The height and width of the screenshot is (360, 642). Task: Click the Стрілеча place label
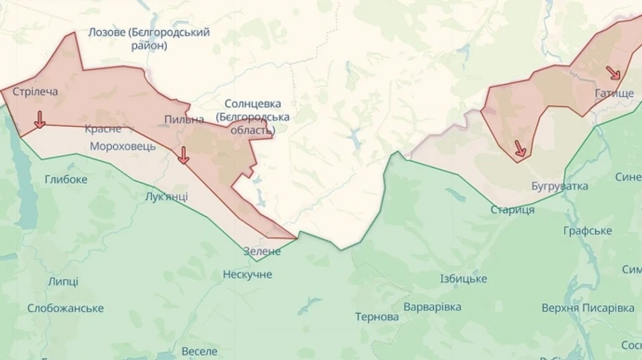(36, 91)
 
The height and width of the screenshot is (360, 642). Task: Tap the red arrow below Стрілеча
(39, 120)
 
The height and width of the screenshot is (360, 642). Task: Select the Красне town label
(103, 129)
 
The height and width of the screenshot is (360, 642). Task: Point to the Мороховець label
(123, 146)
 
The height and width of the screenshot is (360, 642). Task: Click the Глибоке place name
(66, 179)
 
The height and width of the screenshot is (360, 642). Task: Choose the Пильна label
(184, 119)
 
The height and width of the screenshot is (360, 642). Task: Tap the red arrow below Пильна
(183, 155)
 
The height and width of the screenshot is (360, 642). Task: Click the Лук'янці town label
(166, 197)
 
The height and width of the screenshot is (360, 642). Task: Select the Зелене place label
(263, 251)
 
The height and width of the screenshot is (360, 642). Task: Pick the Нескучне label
(248, 274)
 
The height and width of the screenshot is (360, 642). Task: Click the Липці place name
(63, 282)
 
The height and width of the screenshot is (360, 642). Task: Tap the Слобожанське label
(66, 308)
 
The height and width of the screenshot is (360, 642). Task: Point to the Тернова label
(377, 317)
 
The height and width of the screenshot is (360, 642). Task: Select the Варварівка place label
(432, 307)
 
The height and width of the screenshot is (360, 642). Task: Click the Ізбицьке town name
(463, 279)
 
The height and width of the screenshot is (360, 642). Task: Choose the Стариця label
(512, 210)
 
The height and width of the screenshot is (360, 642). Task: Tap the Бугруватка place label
(560, 186)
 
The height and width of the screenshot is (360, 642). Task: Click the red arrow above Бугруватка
(520, 148)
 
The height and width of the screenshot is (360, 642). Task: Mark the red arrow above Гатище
(613, 73)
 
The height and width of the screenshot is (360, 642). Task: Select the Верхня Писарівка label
(588, 308)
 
